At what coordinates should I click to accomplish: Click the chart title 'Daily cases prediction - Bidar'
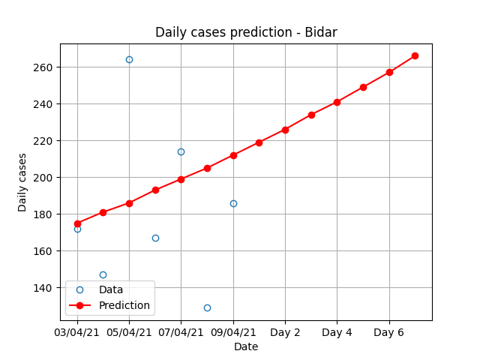[x=246, y=32]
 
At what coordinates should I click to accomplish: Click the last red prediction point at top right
[x=415, y=55]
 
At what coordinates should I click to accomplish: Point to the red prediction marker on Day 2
[x=285, y=130]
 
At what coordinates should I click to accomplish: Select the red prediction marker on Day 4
[x=337, y=102]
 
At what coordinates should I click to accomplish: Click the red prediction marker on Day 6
[x=389, y=72]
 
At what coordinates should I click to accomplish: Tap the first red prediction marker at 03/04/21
[x=77, y=223]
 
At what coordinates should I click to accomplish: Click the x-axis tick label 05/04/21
[x=129, y=332]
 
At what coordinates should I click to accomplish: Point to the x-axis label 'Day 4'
[x=337, y=332]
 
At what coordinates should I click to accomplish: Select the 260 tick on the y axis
[x=42, y=67]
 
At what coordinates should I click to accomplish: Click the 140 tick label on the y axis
[x=42, y=288]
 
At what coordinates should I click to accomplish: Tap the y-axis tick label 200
[x=42, y=178]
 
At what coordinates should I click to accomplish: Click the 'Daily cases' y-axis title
[x=22, y=182]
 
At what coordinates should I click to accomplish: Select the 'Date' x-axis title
[x=246, y=346]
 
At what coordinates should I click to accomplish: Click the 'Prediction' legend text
[x=124, y=305]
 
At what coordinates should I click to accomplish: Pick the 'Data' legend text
[x=111, y=289]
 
